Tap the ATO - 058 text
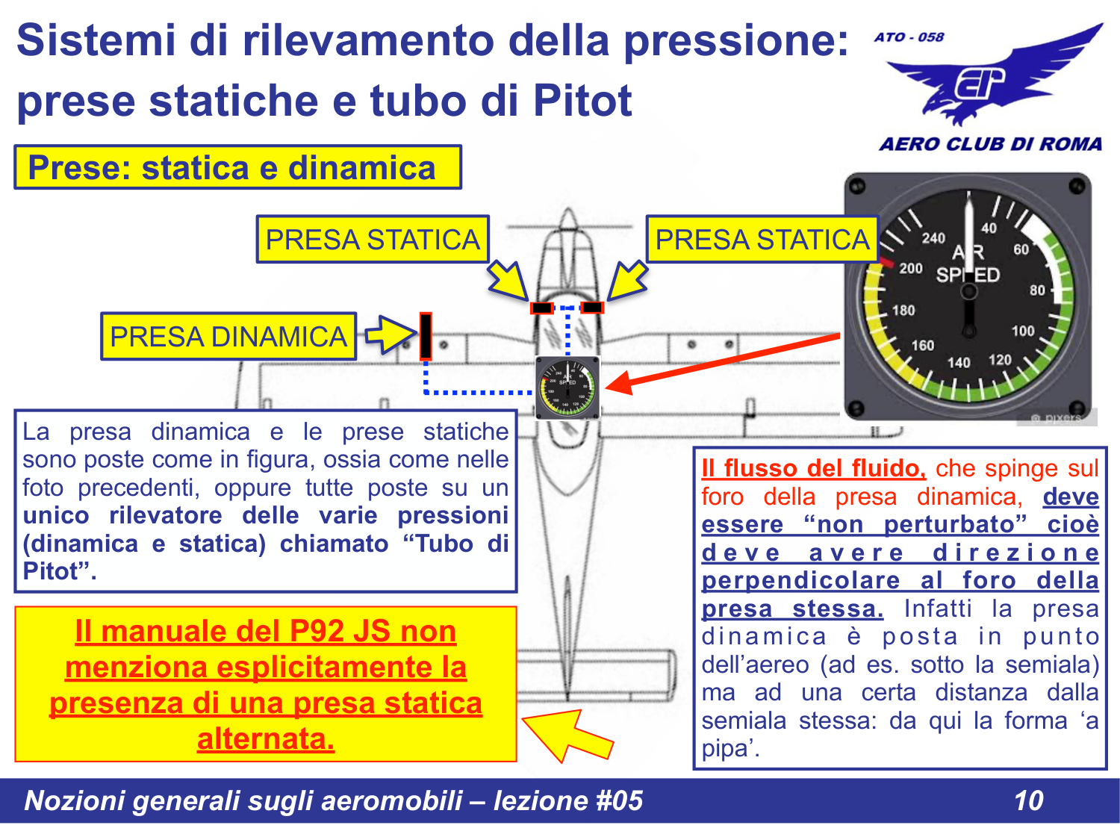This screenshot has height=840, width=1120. (909, 37)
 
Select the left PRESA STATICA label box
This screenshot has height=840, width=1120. (373, 240)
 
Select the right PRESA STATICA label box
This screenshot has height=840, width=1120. (762, 240)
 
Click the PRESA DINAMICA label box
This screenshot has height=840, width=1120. (228, 337)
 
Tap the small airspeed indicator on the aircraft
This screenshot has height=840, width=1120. (567, 388)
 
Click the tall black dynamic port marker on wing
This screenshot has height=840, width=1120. (426, 336)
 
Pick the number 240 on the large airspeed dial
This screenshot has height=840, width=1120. (933, 238)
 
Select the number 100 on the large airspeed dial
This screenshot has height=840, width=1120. (1022, 331)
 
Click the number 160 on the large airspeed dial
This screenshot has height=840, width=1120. (922, 345)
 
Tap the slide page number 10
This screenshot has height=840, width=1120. (1028, 800)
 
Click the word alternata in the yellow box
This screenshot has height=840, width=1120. (266, 739)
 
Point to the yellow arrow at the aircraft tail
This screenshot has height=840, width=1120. (567, 735)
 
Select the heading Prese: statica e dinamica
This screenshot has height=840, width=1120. (231, 168)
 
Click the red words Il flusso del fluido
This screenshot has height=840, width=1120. (813, 468)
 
